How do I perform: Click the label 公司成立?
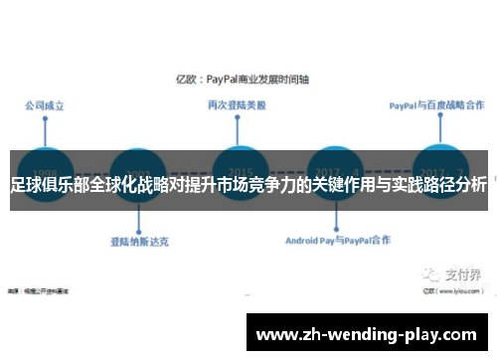[x=45, y=103]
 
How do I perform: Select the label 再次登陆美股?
[x=235, y=103]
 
